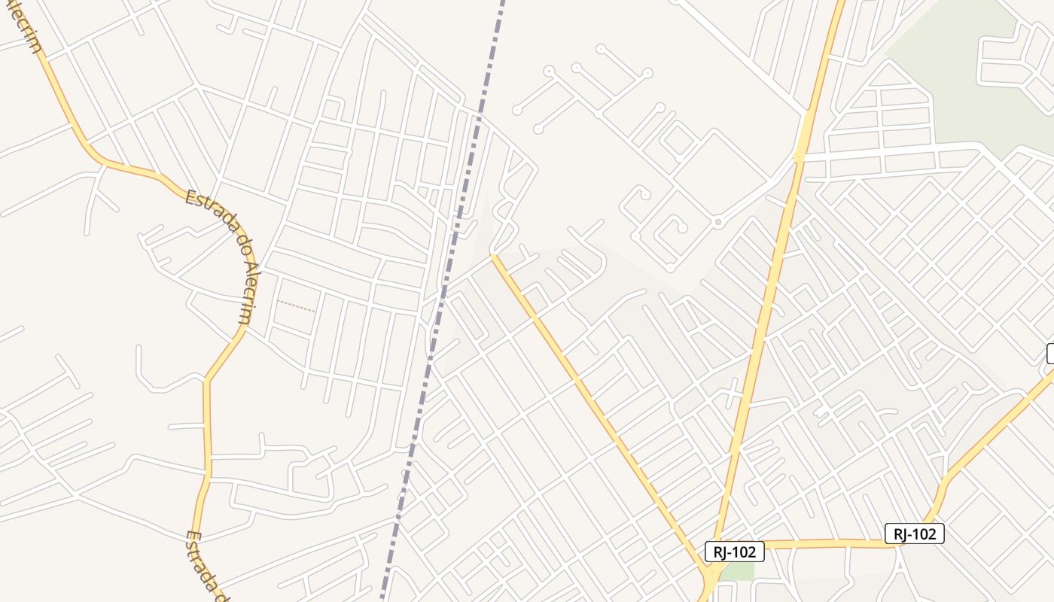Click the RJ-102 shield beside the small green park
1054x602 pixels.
click(735, 552)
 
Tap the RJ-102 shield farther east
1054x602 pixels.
click(914, 534)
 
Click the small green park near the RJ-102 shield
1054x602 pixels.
click(741, 570)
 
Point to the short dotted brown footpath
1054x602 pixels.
click(296, 306)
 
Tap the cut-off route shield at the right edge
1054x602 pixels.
click(1050, 354)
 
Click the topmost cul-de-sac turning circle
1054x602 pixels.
click(600, 49)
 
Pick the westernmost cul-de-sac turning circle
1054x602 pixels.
click(517, 111)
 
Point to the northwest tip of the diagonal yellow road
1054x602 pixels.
click(495, 257)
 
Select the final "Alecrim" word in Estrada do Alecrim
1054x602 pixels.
click(252, 293)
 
